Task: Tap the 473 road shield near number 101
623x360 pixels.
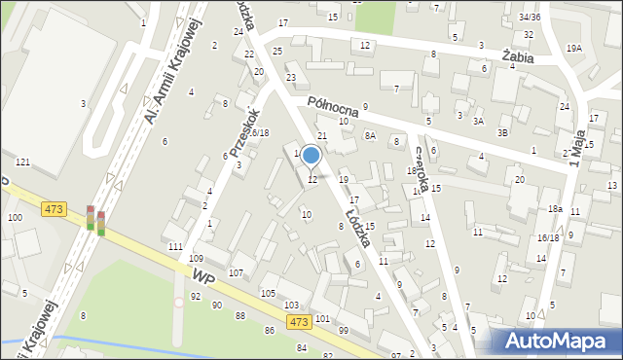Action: click(x=299, y=322)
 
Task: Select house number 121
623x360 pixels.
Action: click(x=22, y=162)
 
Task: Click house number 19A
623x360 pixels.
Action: click(x=574, y=48)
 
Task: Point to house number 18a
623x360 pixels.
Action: click(x=555, y=209)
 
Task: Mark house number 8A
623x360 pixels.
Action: click(x=370, y=136)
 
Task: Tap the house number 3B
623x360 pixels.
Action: click(x=502, y=132)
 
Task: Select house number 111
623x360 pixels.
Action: click(x=174, y=247)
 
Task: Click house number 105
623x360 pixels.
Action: click(x=268, y=293)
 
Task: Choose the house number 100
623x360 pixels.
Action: click(x=15, y=217)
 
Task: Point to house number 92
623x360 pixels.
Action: click(x=196, y=296)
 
